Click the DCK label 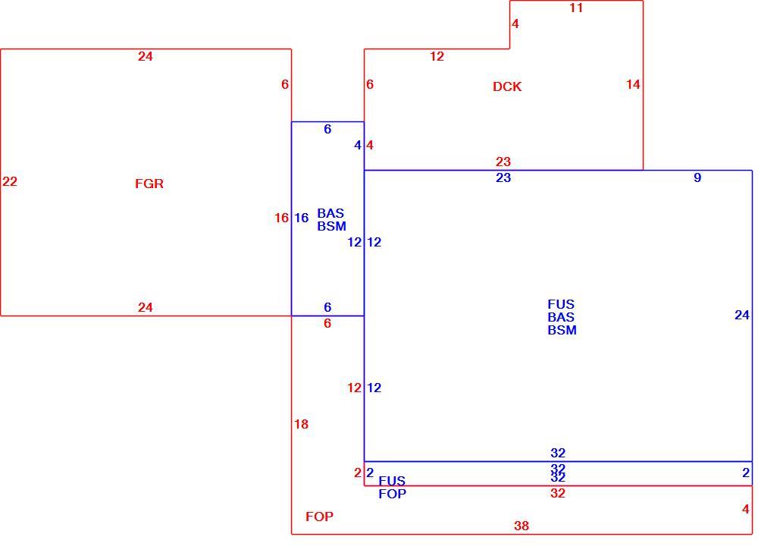point(507,86)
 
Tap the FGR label point(149,184)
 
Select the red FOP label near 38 point(320,517)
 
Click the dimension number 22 point(10,181)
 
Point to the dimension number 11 point(576,8)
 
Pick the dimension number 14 point(633,85)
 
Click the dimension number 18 point(301,424)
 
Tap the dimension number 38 point(522,526)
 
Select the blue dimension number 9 point(697,177)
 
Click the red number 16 point(281,218)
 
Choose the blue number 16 point(301,218)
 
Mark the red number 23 point(503,162)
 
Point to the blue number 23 point(503,178)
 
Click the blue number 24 point(742,316)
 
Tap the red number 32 point(558,493)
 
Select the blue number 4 point(358,145)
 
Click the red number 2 point(358,473)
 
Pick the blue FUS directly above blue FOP point(392,481)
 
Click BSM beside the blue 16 point(332,226)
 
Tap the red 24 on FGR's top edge point(146,57)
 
